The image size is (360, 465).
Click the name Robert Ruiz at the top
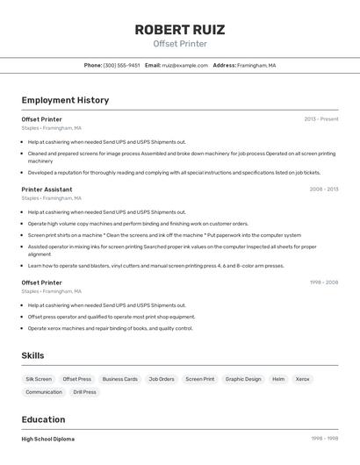pyautogui.click(x=180, y=30)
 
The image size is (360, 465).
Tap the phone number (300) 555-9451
pyautogui.click(x=121, y=65)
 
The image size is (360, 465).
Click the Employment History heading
pyautogui.click(x=65, y=100)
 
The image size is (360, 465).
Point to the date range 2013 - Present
pyautogui.click(x=320, y=118)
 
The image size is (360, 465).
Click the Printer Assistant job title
pyautogui.click(x=47, y=189)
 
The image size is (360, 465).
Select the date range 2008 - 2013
pyautogui.click(x=323, y=189)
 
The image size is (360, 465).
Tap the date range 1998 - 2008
pyautogui.click(x=323, y=283)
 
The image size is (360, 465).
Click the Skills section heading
pyautogui.click(x=33, y=355)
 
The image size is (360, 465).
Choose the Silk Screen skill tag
pyautogui.click(x=39, y=379)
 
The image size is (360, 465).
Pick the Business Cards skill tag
pyautogui.click(x=119, y=379)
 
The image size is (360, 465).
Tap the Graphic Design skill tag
pyautogui.click(x=243, y=379)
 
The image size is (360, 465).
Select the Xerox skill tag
pyautogui.click(x=302, y=379)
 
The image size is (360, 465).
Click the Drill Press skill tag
pyautogui.click(x=84, y=392)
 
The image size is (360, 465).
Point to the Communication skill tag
pyautogui.click(x=44, y=392)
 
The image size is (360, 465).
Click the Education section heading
pyautogui.click(x=43, y=419)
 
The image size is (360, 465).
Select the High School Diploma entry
pyautogui.click(x=48, y=439)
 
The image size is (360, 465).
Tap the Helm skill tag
pyautogui.click(x=278, y=379)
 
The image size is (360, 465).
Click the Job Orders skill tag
pyautogui.click(x=162, y=379)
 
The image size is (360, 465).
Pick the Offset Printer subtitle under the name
pyautogui.click(x=180, y=44)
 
